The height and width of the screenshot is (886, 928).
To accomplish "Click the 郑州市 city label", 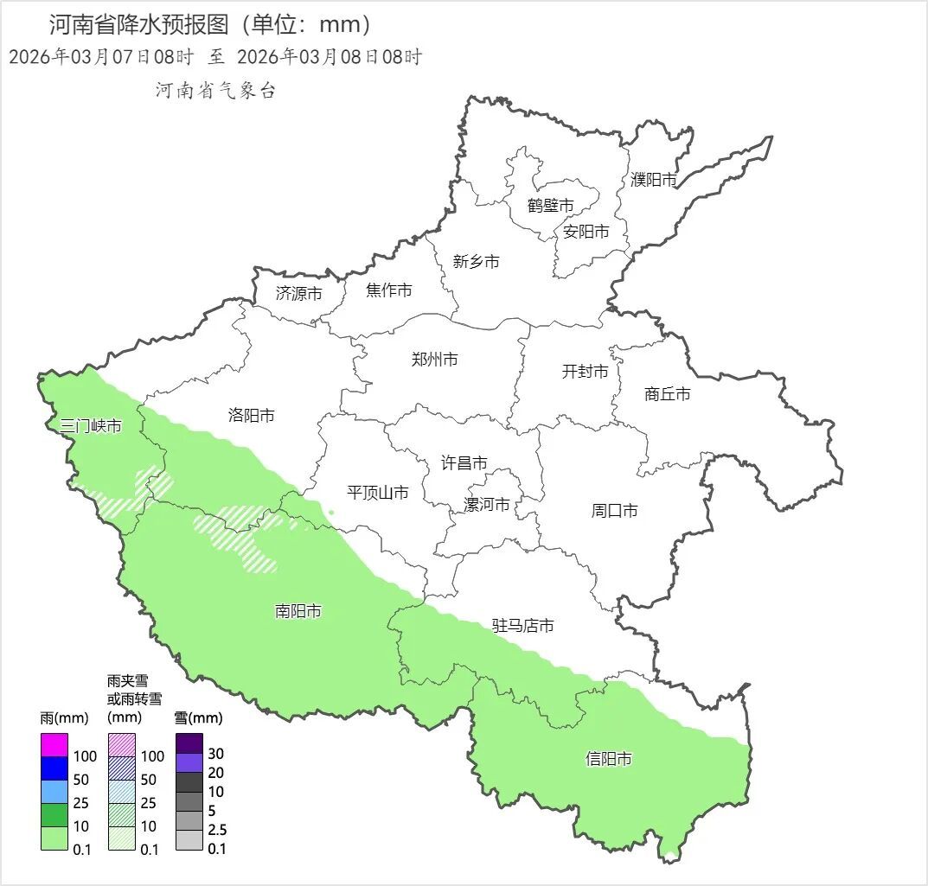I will [434, 360].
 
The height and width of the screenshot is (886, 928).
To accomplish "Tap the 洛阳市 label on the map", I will [251, 416].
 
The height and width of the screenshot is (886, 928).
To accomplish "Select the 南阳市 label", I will [298, 612].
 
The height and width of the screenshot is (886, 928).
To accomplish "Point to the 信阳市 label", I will [608, 759].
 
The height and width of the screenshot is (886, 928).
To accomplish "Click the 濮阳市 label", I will [653, 180].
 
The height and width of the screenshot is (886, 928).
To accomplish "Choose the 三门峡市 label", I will [90, 426].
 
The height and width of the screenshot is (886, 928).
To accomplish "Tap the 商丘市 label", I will [668, 394].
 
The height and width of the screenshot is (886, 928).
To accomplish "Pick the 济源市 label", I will [298, 294].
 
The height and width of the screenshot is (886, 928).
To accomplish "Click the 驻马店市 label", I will [522, 626].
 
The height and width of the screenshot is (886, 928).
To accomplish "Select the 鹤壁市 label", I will [550, 206].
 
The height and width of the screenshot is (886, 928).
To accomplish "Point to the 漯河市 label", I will [487, 505].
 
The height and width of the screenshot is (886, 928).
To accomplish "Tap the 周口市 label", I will [614, 511].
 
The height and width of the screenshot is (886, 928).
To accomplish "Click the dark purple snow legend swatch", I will [189, 743].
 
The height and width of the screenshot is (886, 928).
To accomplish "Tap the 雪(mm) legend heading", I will [198, 717].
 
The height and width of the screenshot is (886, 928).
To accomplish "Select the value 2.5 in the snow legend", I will [217, 830].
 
